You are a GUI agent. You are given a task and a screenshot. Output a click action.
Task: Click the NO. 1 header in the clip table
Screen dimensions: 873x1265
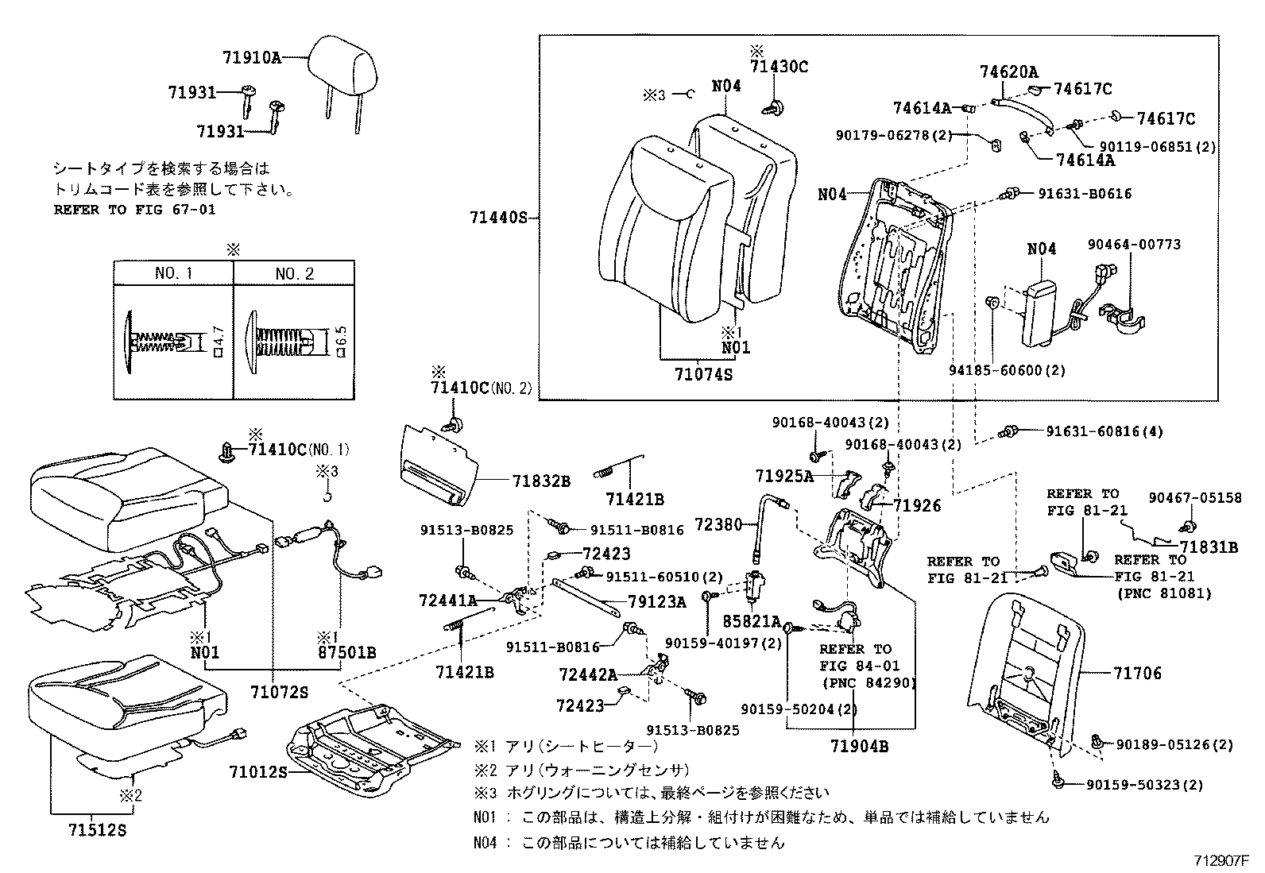(173, 273)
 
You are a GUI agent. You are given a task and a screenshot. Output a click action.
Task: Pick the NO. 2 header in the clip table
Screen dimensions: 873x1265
(294, 273)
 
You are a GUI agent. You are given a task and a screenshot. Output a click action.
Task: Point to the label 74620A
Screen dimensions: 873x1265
(1008, 72)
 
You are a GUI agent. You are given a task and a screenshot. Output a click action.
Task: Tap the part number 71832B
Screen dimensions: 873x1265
(541, 481)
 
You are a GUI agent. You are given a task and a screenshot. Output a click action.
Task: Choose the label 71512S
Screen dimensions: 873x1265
(97, 830)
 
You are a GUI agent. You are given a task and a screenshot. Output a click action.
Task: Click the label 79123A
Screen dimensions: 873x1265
(656, 602)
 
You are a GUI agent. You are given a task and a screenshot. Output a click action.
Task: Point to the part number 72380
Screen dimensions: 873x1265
(718, 525)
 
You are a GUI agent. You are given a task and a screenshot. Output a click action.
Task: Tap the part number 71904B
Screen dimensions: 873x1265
(859, 746)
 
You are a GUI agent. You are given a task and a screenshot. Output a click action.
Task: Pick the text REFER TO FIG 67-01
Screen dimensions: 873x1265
(134, 210)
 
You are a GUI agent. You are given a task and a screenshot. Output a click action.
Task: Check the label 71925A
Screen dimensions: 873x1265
(784, 476)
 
